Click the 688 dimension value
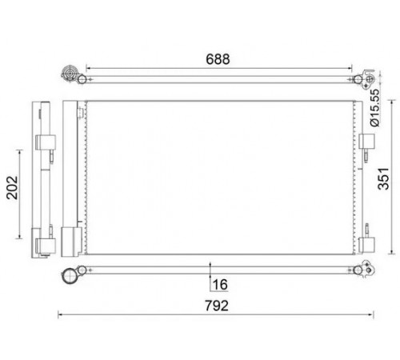click(218, 59)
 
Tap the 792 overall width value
click(217, 306)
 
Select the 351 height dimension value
click(384, 178)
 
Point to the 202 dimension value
click(12, 187)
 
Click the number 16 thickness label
click(220, 285)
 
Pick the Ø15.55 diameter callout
click(374, 107)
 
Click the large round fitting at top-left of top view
click(69, 73)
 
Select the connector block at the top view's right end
click(369, 78)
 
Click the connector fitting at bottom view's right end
click(367, 269)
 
